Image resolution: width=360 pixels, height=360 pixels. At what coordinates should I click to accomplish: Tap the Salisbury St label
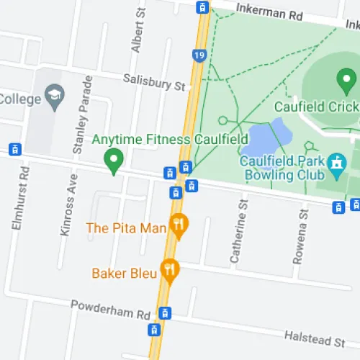[x=154, y=82]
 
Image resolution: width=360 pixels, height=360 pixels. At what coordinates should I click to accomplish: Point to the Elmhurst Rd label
[x=19, y=198]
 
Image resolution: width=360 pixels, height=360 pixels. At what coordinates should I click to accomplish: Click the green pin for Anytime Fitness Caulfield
[x=113, y=159]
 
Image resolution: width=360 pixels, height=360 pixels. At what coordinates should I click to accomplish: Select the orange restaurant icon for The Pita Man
[x=178, y=227]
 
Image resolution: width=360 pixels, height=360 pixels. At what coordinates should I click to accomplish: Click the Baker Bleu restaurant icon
[x=170, y=271]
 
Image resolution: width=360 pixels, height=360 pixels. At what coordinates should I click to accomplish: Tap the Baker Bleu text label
[x=123, y=273]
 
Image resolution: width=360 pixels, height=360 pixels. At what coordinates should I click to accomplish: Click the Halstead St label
[x=315, y=337]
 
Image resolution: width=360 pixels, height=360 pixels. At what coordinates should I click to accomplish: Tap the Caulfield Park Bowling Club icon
[x=336, y=166]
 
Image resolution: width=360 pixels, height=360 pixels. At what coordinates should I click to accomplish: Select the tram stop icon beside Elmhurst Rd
[x=13, y=150]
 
